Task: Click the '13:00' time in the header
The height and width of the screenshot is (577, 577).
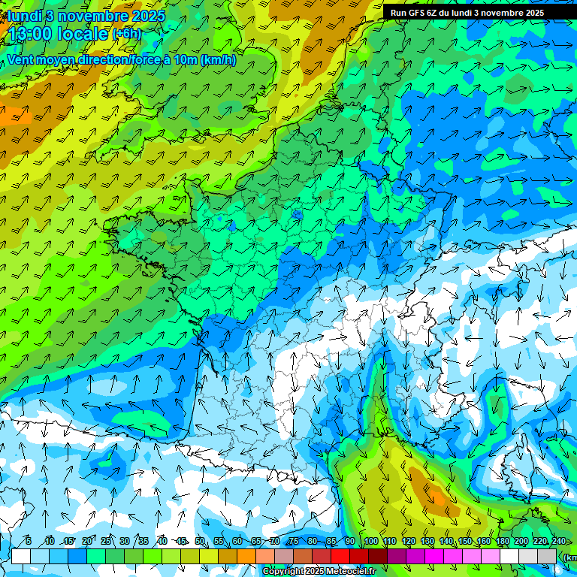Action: pyautogui.click(x=30, y=34)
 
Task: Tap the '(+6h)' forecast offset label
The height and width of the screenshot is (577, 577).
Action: pyautogui.click(x=126, y=35)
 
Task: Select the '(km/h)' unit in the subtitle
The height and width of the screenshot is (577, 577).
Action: pyautogui.click(x=218, y=60)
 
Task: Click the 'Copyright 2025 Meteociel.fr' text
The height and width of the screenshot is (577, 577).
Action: pyautogui.click(x=319, y=572)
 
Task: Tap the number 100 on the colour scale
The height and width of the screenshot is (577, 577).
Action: pyautogui.click(x=370, y=542)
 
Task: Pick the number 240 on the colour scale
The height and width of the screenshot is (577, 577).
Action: pyautogui.click(x=558, y=542)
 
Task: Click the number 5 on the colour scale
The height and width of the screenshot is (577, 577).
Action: pyautogui.click(x=29, y=542)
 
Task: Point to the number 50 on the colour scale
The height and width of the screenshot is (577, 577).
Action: pyautogui.click(x=200, y=542)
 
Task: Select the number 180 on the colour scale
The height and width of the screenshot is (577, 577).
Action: pyautogui.click(x=501, y=542)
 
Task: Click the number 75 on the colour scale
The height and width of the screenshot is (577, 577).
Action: pyautogui.click(x=294, y=542)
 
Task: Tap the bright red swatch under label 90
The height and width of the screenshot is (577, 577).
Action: pyautogui.click(x=340, y=556)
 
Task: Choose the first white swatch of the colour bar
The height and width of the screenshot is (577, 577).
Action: pyautogui.click(x=21, y=556)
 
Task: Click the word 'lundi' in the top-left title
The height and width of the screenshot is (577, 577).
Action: pyautogui.click(x=24, y=16)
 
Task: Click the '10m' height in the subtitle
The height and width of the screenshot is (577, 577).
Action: pyautogui.click(x=185, y=60)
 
